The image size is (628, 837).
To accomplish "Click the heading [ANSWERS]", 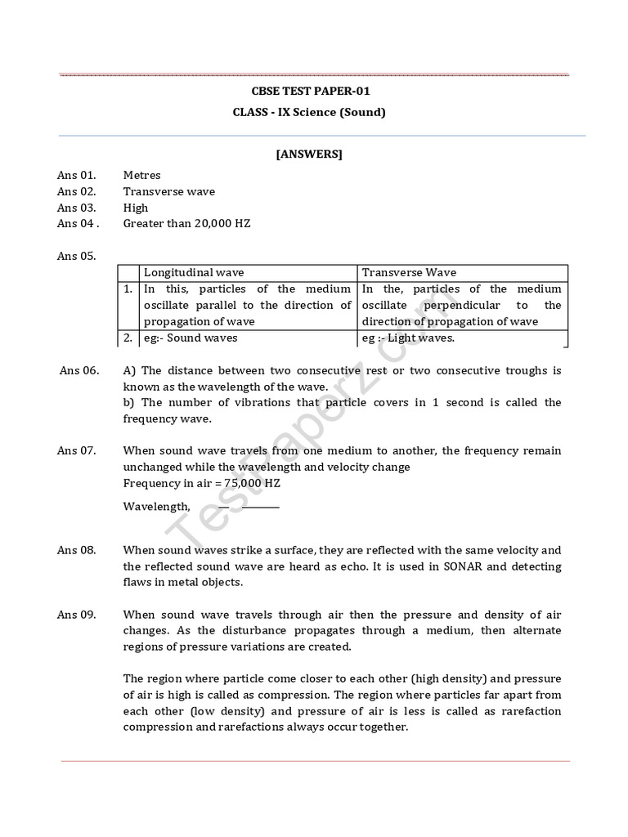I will pos(309,154).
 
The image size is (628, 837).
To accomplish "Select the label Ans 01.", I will pos(76,175).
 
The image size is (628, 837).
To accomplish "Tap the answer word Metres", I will pos(141,175).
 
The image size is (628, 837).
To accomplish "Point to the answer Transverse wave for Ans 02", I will pos(168,191).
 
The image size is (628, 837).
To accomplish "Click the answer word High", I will pos(136,208).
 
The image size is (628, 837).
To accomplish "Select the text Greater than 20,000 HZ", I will pos(186,223).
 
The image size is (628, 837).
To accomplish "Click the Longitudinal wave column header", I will pos(194,272).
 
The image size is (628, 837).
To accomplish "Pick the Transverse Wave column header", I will pos(409,272).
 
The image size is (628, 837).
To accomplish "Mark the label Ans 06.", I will pos(79,370).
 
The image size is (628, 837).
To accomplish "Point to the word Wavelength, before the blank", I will pos(156,507).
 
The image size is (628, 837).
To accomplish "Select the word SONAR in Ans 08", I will pos(461,566).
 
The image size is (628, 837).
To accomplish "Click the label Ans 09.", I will pos(77,615).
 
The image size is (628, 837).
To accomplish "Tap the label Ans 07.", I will pos(77,451).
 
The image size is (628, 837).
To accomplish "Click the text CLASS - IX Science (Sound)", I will pos(309,112).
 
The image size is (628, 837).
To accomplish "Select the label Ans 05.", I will pos(77,256).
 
